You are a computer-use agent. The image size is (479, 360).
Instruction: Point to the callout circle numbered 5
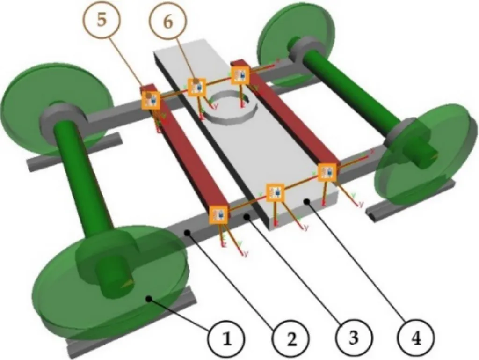point(102,22)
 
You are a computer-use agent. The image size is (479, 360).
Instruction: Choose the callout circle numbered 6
point(167,22)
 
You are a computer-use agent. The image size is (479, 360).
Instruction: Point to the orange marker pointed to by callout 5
point(151,100)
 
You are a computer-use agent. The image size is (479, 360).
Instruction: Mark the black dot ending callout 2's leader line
point(187,232)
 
